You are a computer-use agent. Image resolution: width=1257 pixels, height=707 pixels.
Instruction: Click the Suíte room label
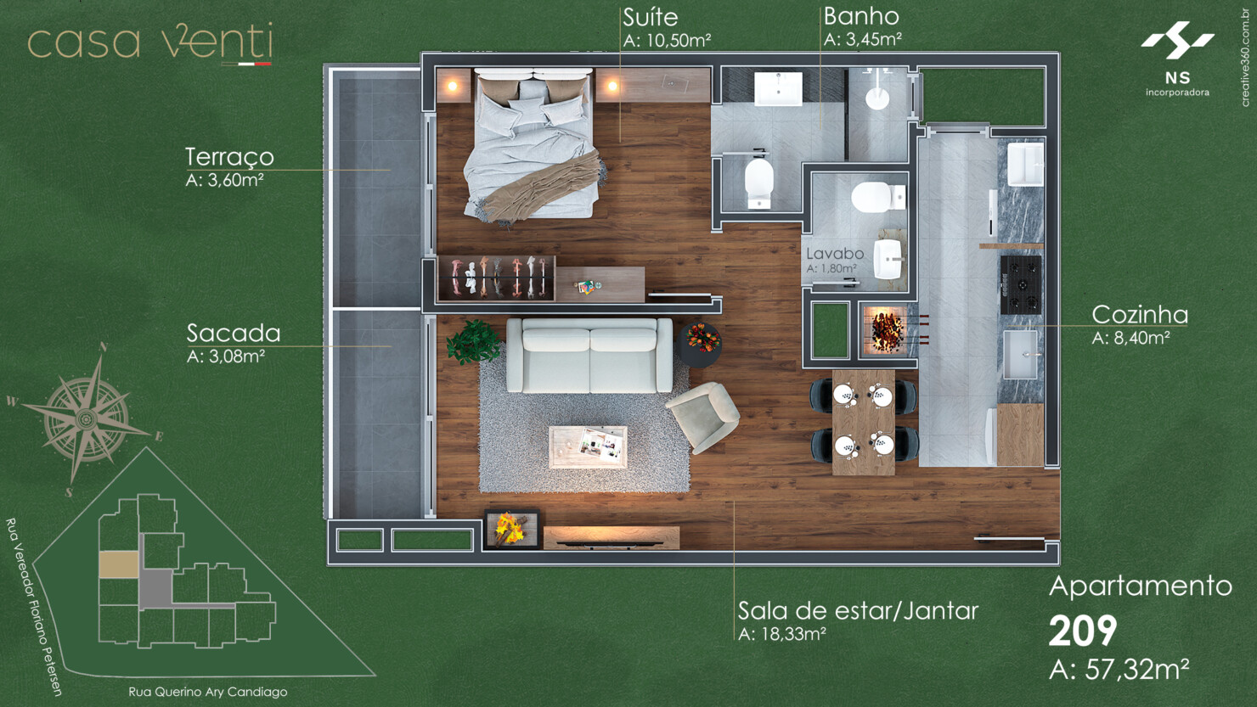click(x=651, y=17)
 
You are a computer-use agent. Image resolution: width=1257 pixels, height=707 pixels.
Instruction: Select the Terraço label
click(x=229, y=157)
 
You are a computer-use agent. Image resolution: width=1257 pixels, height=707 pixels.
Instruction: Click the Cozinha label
click(x=1140, y=315)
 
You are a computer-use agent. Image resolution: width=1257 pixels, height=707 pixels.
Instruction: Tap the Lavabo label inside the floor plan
click(x=835, y=254)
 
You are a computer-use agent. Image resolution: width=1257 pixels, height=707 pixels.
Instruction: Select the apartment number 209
click(x=1083, y=631)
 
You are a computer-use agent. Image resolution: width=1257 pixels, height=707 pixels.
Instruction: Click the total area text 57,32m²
click(x=1137, y=670)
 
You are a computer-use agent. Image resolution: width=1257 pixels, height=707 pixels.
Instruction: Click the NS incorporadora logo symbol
click(x=1177, y=40)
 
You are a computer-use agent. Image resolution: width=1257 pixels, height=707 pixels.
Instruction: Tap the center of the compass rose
click(x=86, y=418)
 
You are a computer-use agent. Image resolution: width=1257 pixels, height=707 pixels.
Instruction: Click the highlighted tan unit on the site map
click(x=119, y=564)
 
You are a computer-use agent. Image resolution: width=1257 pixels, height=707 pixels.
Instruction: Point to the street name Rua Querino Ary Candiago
click(x=207, y=692)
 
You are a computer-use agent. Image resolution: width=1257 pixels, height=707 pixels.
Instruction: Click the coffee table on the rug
click(x=588, y=446)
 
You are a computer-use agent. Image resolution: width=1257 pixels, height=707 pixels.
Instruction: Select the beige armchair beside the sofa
click(x=703, y=416)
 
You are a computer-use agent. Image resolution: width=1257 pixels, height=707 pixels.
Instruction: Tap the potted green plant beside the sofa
click(x=474, y=342)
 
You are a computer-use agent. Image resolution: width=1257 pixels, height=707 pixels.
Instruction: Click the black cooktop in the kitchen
click(x=1021, y=285)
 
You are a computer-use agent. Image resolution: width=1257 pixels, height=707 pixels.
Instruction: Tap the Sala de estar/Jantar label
click(x=858, y=610)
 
